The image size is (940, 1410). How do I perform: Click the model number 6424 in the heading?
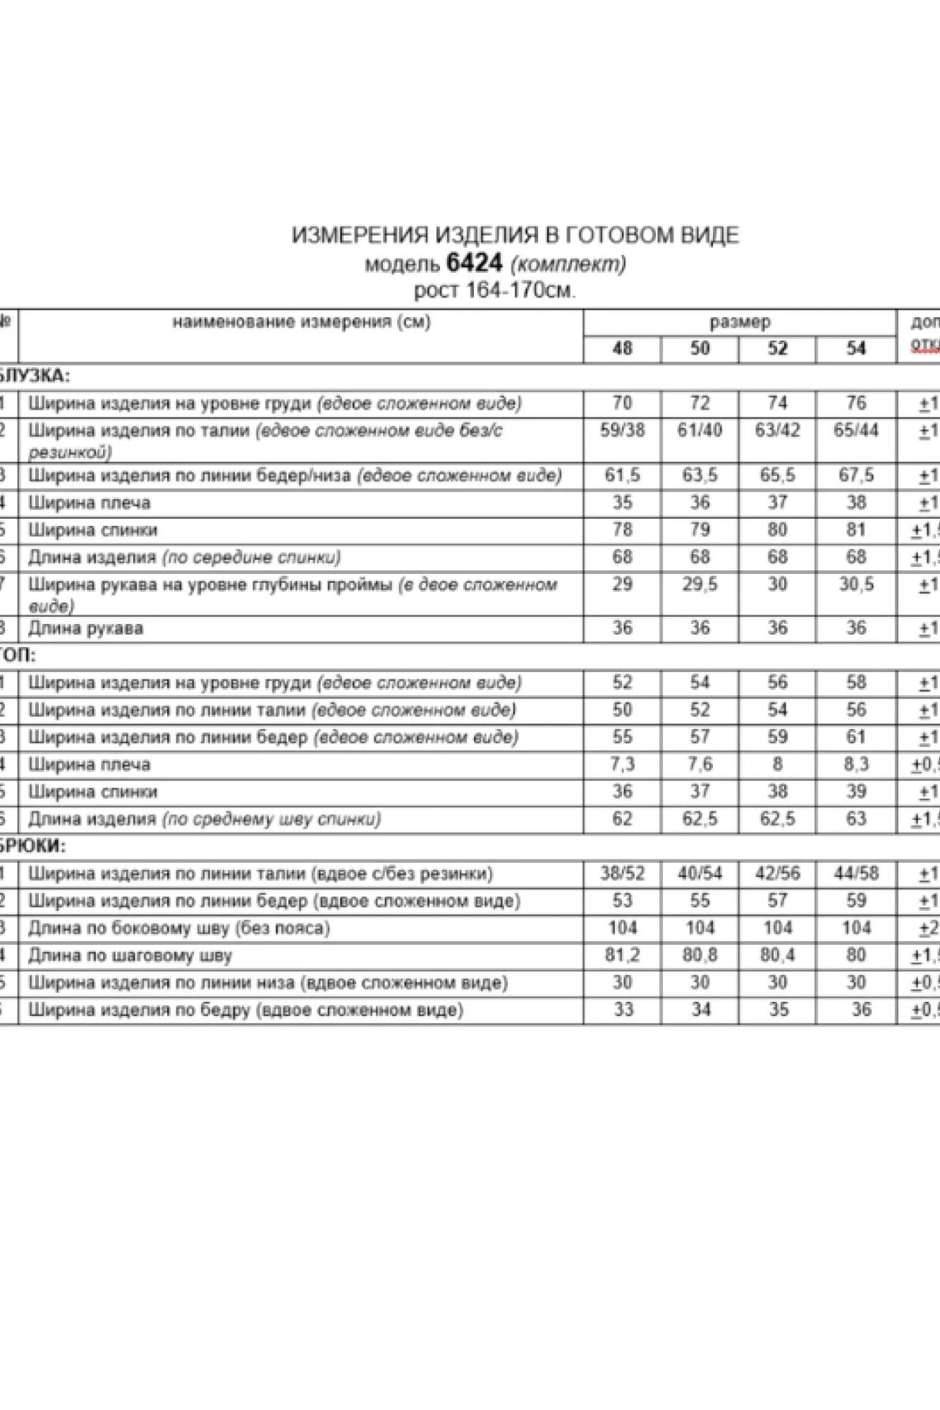click(475, 263)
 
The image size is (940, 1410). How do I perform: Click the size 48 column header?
click(622, 348)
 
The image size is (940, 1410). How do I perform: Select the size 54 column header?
click(855, 348)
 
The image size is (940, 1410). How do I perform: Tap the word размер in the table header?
click(740, 322)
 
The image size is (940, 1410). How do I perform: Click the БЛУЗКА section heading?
click(34, 375)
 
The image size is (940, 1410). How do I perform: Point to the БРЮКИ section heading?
click(32, 846)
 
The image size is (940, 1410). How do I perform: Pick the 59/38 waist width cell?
click(622, 430)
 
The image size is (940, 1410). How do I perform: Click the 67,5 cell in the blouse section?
click(855, 475)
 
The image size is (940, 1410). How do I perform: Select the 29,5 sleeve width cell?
click(700, 584)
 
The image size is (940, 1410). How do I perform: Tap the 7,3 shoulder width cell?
click(622, 764)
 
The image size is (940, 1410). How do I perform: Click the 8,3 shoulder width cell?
click(855, 764)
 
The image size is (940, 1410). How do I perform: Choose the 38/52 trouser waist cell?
click(622, 873)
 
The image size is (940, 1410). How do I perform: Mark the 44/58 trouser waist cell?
click(855, 873)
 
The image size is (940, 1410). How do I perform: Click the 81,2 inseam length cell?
click(622, 955)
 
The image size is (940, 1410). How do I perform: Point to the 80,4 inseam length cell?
click(777, 955)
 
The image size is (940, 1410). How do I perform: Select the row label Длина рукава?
click(85, 628)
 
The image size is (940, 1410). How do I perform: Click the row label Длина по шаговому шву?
click(130, 956)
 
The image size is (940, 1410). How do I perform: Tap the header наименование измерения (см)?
click(301, 322)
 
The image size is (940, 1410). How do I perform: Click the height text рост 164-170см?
click(494, 290)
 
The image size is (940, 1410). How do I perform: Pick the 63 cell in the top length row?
click(855, 819)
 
